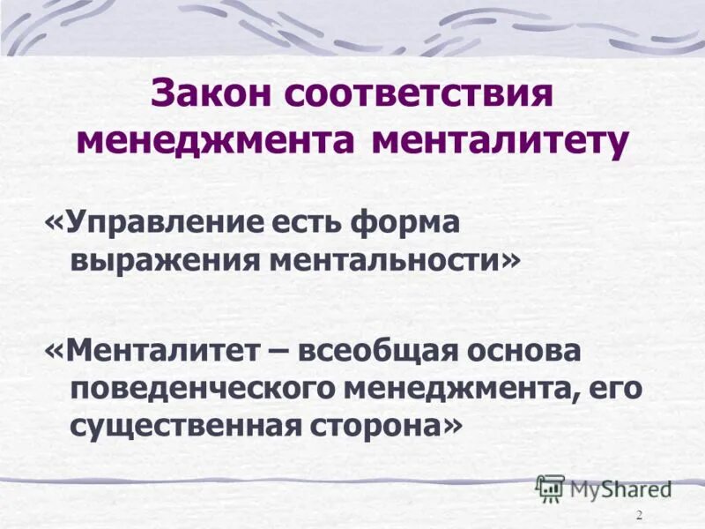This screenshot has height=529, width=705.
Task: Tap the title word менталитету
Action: click(x=500, y=142)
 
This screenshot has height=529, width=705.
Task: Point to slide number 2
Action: click(x=639, y=515)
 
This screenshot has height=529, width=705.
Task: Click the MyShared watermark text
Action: click(x=620, y=488)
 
